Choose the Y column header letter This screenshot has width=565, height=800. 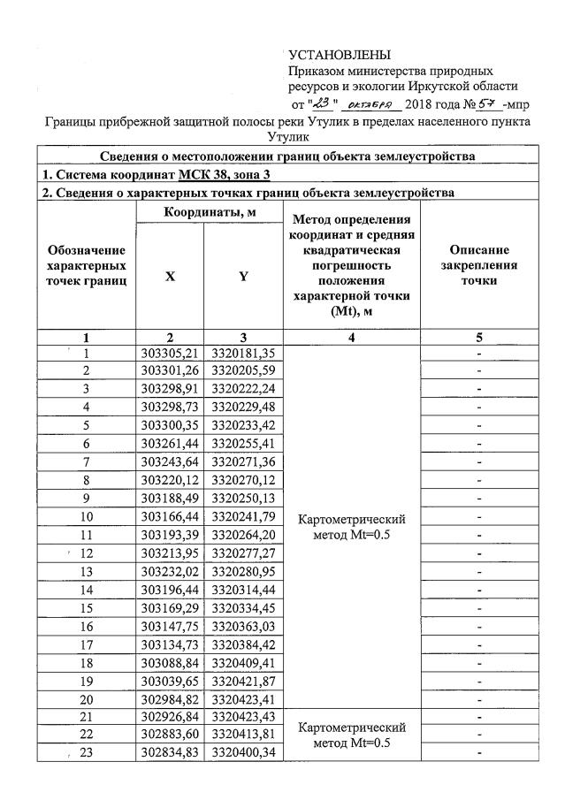coord(242,275)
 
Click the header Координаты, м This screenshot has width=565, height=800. coord(206,212)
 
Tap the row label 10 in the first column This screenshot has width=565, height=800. coord(87,516)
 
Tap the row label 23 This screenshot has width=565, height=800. coord(87,752)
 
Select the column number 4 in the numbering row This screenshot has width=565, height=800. coord(353,337)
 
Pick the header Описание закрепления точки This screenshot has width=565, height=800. coord(478,264)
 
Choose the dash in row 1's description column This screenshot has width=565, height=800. coord(478,354)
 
